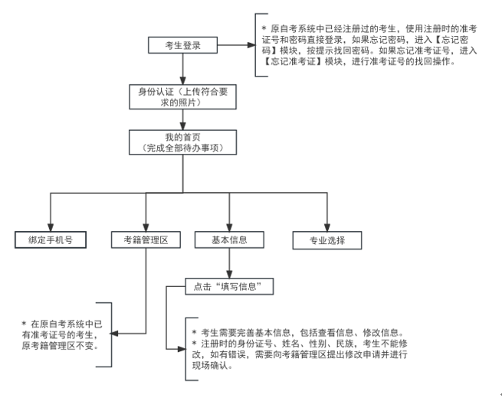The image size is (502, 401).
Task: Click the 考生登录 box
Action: tap(182, 46)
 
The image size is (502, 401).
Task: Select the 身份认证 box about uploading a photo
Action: tap(182, 96)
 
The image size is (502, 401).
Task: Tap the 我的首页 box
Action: tap(182, 142)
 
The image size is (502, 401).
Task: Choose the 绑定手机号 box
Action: tap(50, 240)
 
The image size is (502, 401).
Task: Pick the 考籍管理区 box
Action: tap(146, 240)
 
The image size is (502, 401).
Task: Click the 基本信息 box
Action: tap(230, 240)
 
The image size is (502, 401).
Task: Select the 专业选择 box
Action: tap(326, 240)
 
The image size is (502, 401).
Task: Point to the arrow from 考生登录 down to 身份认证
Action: tap(182, 69)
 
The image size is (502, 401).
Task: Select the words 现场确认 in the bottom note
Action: tap(215, 366)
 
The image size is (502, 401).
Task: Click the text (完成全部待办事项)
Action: tap(182, 147)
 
